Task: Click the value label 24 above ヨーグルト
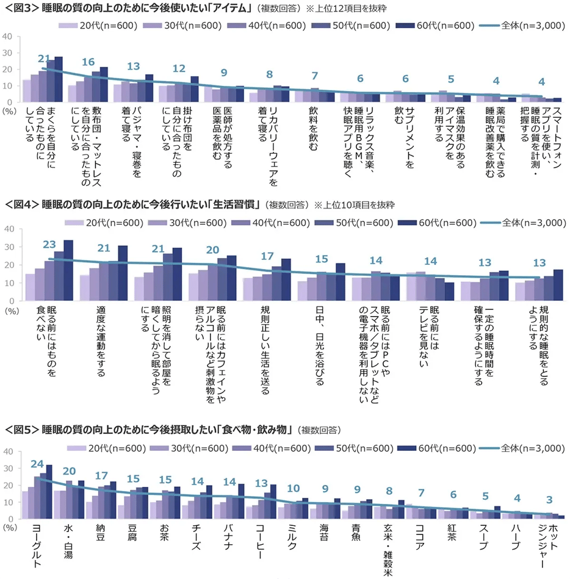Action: click(x=38, y=463)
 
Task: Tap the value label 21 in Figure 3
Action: click(x=44, y=59)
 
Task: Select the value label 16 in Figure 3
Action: click(x=88, y=62)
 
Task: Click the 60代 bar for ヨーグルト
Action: click(x=49, y=491)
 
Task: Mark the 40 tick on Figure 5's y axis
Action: click(x=8, y=452)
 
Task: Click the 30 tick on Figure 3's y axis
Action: click(x=8, y=53)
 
